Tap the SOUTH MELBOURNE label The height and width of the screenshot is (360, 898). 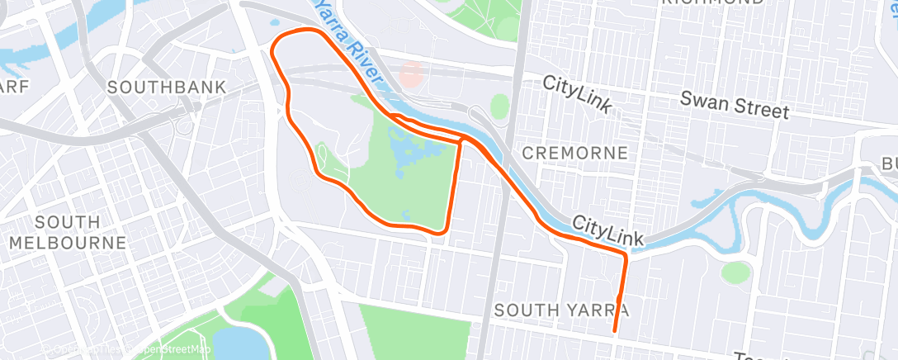coord(68,232)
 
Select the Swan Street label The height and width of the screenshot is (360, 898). coord(735,105)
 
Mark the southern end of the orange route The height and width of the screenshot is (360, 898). coord(615,331)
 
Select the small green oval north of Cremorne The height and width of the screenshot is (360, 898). coord(499,106)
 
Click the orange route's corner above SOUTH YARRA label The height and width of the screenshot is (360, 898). coord(625,257)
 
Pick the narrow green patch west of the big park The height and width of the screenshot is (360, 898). coord(326,157)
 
